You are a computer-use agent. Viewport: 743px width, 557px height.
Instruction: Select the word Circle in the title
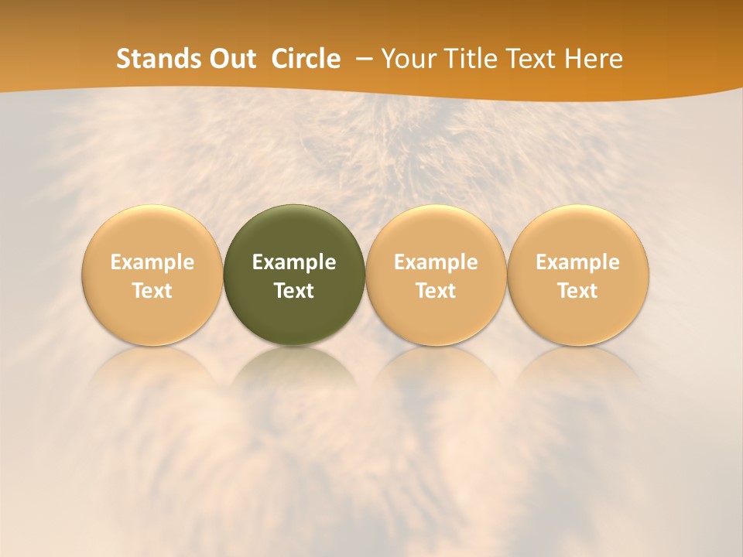click(x=306, y=59)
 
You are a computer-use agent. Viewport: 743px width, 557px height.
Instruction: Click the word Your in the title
click(x=409, y=59)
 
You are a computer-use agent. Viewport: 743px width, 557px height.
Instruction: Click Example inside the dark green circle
click(x=294, y=262)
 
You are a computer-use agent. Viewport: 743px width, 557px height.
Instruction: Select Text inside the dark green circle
click(x=294, y=291)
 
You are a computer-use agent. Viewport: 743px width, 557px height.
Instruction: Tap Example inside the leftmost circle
click(x=152, y=262)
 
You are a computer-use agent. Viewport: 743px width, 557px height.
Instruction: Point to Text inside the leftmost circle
click(x=152, y=291)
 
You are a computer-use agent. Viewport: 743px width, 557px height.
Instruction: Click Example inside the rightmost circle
click(x=578, y=262)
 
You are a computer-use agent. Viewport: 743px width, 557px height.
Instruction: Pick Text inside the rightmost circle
click(x=578, y=291)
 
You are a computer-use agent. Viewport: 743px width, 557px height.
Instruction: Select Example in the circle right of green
click(x=436, y=262)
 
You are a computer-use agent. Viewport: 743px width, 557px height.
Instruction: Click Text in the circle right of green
click(x=436, y=291)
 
